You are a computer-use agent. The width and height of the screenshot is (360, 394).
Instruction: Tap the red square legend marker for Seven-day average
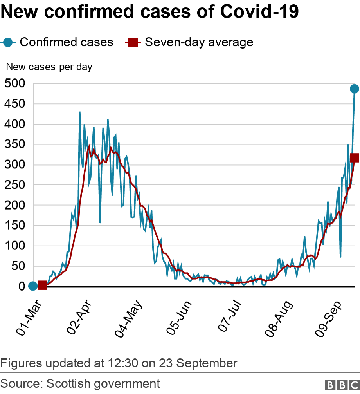pyautogui.click(x=132, y=42)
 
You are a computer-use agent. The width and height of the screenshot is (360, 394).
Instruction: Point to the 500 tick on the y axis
pyautogui.click(x=15, y=83)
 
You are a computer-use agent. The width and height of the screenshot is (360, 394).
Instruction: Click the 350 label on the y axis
pyautogui.click(x=15, y=145)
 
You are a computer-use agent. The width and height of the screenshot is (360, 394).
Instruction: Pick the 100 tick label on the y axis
pyautogui.click(x=15, y=246)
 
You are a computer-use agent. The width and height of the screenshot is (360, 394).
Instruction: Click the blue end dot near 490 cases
pyautogui.click(x=355, y=89)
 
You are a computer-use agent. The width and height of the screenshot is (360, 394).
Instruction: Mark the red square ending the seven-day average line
pyautogui.click(x=355, y=157)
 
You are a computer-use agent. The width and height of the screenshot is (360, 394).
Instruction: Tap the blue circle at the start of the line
pyautogui.click(x=33, y=286)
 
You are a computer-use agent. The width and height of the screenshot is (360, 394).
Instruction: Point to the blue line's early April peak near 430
pyautogui.click(x=80, y=112)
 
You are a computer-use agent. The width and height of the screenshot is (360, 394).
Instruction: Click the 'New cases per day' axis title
pyautogui.click(x=49, y=67)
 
